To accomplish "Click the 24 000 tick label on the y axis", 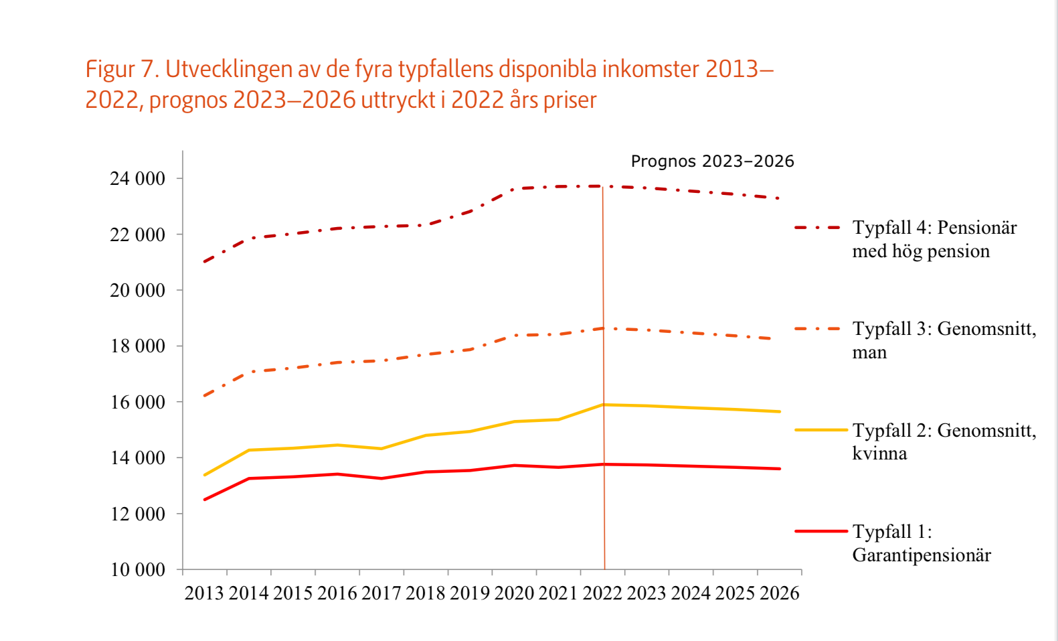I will coord(137,179).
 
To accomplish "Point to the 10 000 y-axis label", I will coord(137,570).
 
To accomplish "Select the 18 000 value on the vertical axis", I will coord(137,346).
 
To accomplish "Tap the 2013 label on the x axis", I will coord(204,593).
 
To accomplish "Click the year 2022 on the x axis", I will coord(602,593).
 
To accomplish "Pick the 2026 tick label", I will coord(779,593).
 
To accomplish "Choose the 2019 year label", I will coord(470,593).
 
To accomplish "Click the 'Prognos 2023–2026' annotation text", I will coord(712,161).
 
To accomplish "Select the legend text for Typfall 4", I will coord(934,239).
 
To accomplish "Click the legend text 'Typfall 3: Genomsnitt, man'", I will coord(944,340).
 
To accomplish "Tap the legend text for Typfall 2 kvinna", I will coord(944,441).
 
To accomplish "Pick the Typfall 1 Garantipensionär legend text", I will coord(921,543).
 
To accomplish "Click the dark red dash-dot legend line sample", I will coord(817,228).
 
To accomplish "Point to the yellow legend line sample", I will coord(820,430).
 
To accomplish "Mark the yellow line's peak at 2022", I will coord(604,405).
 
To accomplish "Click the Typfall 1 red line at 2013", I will coord(205,500).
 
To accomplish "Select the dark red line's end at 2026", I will coord(779,198).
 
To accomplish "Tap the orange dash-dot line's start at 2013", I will coord(205,396).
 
